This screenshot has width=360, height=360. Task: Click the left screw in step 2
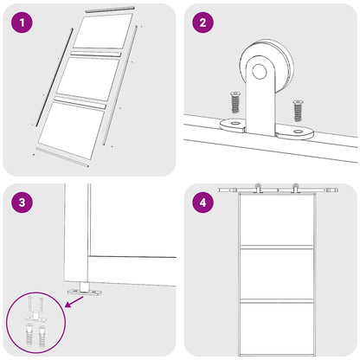[233, 104]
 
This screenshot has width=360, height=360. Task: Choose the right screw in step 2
[298, 111]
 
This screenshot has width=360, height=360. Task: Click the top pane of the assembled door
[276, 222]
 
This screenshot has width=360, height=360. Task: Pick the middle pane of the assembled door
[276, 272]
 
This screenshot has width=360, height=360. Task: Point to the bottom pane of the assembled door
[276, 324]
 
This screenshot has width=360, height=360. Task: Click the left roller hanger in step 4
[257, 189]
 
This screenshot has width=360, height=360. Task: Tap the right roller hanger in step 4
[295, 189]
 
